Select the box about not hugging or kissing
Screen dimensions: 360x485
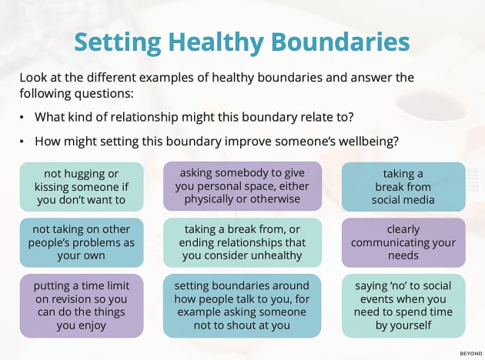[82, 186]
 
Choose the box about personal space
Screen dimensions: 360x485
[242, 186]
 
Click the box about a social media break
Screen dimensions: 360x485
[403, 186]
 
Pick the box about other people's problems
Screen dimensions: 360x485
[82, 242]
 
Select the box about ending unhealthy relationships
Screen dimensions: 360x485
[242, 242]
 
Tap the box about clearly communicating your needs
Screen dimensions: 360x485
[403, 242]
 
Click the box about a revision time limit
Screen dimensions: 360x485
[82, 305]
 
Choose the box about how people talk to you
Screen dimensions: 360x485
[242, 305]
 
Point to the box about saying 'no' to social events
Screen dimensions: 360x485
[403, 305]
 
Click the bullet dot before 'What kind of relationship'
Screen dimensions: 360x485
[23, 117]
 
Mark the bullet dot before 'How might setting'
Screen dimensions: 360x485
[23, 142]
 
